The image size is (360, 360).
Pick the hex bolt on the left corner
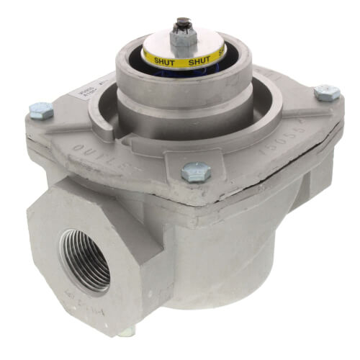[42, 109]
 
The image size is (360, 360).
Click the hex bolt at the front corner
[194, 171]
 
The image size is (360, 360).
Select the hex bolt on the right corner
[327, 91]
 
